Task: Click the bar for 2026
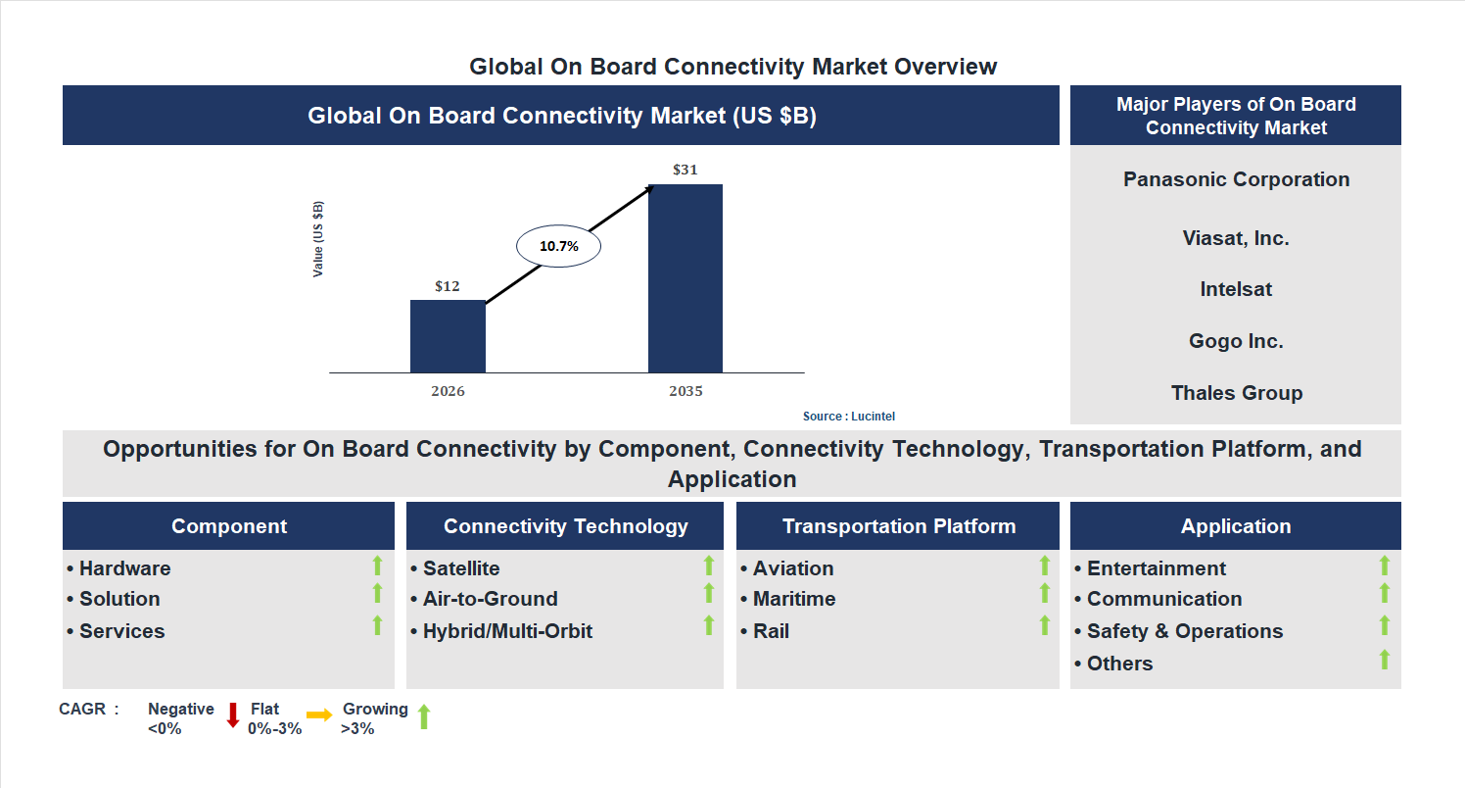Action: point(448,336)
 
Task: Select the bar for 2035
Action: point(685,278)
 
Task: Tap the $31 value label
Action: point(685,170)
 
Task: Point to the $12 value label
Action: point(448,286)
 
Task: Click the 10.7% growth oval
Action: point(558,247)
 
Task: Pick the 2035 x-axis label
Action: point(685,391)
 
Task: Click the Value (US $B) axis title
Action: point(318,239)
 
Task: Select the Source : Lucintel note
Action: point(849,417)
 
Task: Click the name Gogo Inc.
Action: point(1236,341)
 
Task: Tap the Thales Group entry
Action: point(1236,393)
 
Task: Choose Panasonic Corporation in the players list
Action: point(1236,179)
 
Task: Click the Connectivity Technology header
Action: point(565,526)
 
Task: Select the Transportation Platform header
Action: point(898,526)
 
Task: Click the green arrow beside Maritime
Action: point(1044,594)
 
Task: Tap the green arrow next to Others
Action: point(1384,660)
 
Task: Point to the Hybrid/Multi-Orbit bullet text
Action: point(507,631)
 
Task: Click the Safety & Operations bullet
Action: point(1184,631)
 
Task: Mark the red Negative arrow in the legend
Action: point(233,715)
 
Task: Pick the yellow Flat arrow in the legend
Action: point(319,715)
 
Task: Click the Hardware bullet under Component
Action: point(124,568)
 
